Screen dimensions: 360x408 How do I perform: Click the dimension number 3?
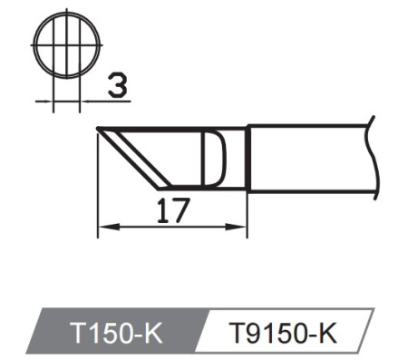point(115,88)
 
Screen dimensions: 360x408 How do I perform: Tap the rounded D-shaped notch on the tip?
point(215,158)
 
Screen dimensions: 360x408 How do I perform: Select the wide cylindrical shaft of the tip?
point(308,158)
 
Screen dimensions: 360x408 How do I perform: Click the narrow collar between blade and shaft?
point(238,158)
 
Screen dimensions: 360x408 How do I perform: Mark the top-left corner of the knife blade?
point(96,130)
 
